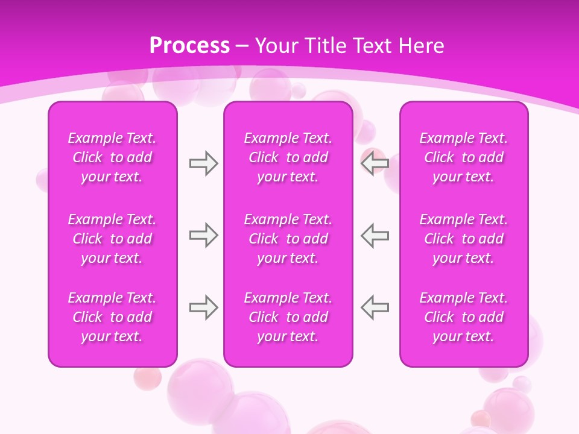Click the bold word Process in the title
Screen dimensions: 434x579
(189, 46)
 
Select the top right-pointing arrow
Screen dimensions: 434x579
(203, 163)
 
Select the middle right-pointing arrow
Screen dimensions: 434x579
(203, 235)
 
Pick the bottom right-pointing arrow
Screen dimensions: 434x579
(203, 308)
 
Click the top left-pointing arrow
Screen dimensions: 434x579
(375, 163)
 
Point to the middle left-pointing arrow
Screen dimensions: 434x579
(375, 235)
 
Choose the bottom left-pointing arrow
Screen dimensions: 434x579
(375, 308)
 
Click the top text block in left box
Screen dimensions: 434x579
(112, 157)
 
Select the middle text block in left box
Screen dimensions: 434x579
(112, 239)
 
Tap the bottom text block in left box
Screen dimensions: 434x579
(112, 317)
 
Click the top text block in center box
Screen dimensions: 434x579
(288, 157)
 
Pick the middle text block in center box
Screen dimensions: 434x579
(288, 239)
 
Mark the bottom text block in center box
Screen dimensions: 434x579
(288, 317)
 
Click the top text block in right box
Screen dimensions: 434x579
(464, 157)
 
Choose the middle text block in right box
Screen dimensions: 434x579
(464, 239)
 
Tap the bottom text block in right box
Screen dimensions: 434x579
(464, 317)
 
